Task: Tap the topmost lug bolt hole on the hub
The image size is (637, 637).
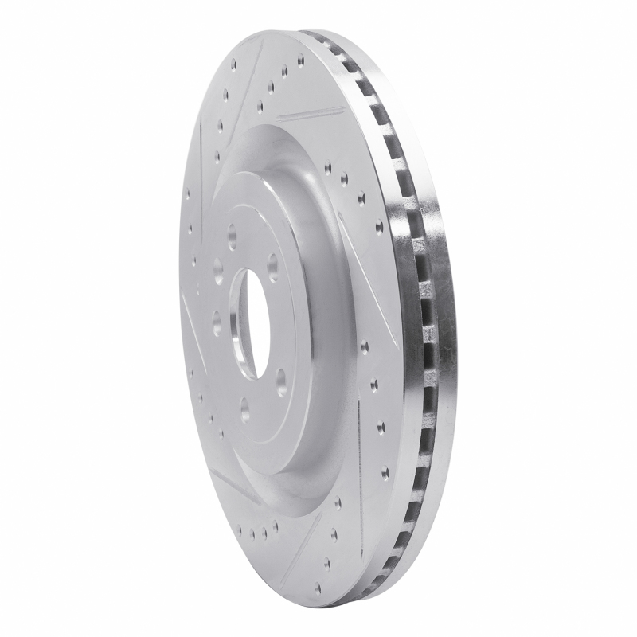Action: [233, 235]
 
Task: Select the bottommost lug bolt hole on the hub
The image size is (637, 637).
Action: [244, 409]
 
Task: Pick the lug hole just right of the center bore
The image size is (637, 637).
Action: [274, 263]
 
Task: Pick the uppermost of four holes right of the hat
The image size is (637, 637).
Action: [328, 167]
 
